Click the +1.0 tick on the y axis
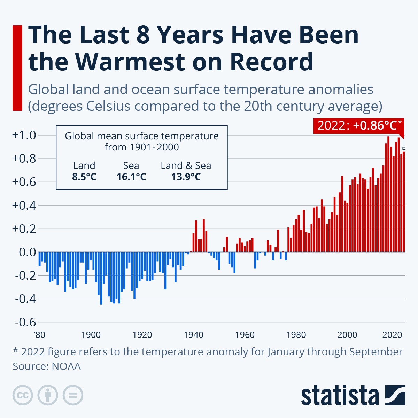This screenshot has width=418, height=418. pos(24,135)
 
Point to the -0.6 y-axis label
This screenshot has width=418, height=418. pos(25,322)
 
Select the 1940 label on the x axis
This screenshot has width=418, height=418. pos(193,335)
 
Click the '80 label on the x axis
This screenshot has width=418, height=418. pos(39,335)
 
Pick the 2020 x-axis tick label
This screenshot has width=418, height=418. pos(392,335)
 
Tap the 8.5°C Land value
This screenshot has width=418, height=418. pos(84,177)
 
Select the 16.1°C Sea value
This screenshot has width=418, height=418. pos(131,177)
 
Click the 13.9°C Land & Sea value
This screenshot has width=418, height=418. pos(186,177)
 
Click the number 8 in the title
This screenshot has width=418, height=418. pos(143,35)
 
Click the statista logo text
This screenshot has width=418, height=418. pos(340,396)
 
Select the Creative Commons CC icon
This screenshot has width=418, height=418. pos(23,395)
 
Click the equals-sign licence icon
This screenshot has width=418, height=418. pos(73,395)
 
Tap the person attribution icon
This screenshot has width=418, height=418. pos(48,395)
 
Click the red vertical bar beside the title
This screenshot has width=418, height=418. pos(17,68)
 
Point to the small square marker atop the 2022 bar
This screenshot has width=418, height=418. pos(404,148)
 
